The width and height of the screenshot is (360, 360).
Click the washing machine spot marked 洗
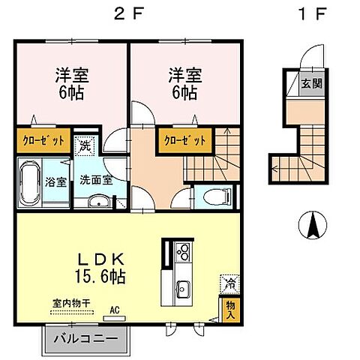[x=85, y=146]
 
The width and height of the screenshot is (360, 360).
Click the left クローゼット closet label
[x=42, y=140]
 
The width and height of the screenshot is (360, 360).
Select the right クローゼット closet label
[x=180, y=140]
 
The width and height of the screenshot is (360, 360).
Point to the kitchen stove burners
[x=181, y=253]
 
